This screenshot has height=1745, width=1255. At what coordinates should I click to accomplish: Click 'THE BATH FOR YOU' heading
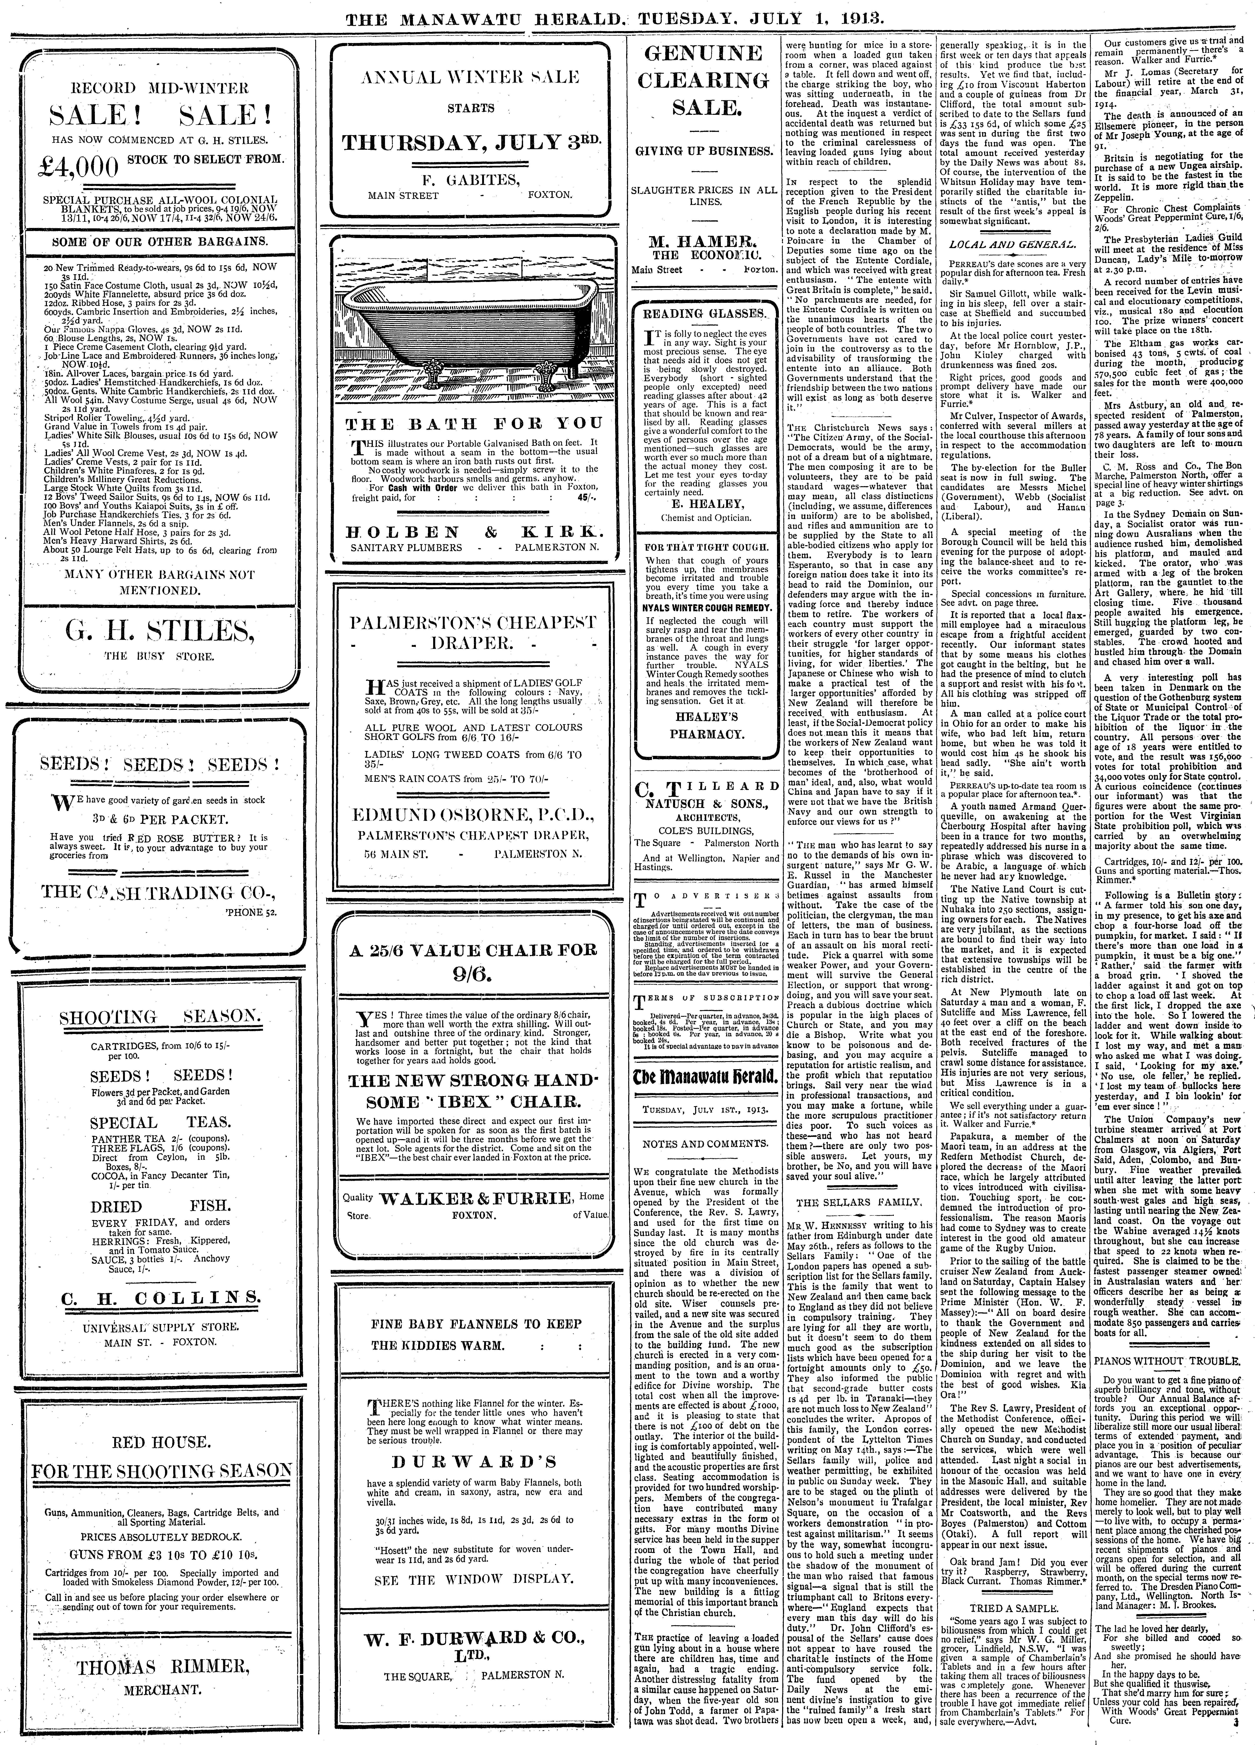point(472,424)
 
